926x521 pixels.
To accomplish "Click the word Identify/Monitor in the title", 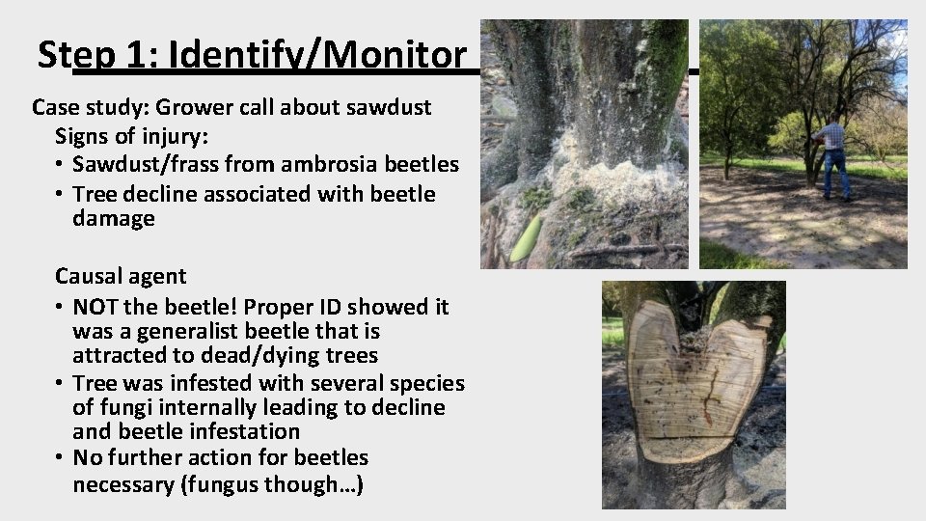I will point(316,56).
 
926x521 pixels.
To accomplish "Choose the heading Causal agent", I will point(121,276).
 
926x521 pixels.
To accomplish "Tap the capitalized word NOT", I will point(95,307).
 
